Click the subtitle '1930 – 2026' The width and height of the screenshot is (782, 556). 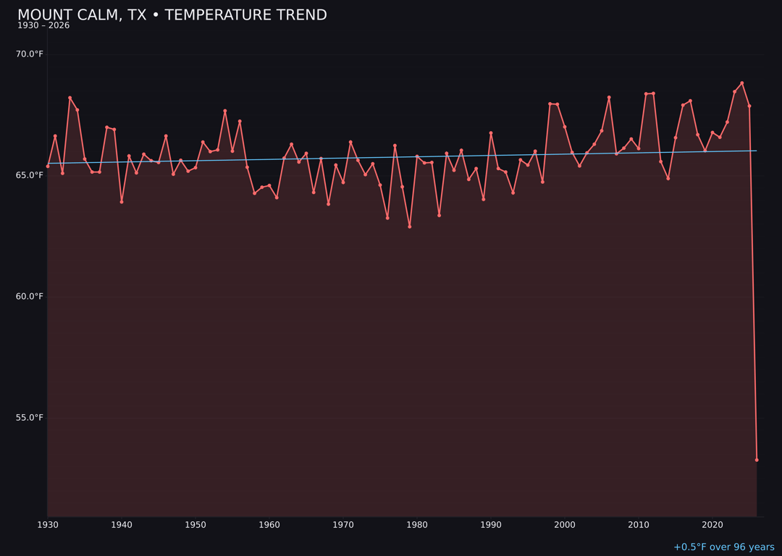click(x=43, y=26)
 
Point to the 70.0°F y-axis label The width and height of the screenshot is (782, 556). click(x=30, y=54)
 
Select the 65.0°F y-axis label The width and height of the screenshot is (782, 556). click(x=30, y=175)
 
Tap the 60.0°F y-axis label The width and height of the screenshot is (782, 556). click(x=30, y=296)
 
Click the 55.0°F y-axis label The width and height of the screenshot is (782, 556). click(x=30, y=418)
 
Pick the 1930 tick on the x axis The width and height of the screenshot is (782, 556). click(x=48, y=525)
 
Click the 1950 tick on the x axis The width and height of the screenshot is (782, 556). click(x=195, y=525)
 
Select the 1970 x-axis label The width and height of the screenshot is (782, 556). click(x=343, y=525)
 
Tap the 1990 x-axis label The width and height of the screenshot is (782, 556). click(x=491, y=525)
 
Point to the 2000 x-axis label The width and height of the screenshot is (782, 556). click(x=565, y=525)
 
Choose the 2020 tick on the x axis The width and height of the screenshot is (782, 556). click(x=712, y=525)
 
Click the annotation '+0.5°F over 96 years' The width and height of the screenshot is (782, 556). click(x=723, y=547)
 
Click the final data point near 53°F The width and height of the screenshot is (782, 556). click(x=757, y=460)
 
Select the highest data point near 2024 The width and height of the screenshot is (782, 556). click(x=742, y=83)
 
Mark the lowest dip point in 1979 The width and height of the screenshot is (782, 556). click(x=410, y=227)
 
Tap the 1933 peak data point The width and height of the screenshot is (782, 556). click(x=70, y=98)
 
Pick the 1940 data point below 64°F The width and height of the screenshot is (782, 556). click(x=122, y=202)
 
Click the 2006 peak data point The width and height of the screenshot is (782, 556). click(x=609, y=97)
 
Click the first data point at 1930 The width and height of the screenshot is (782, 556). click(x=48, y=166)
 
